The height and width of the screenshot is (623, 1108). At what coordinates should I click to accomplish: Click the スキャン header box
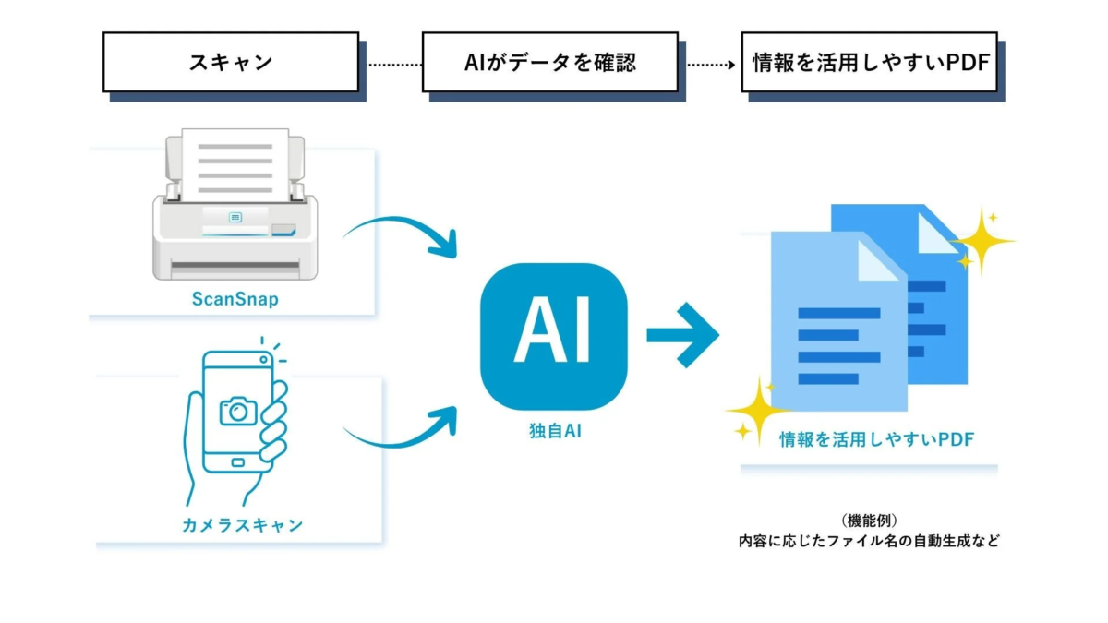pyautogui.click(x=230, y=63)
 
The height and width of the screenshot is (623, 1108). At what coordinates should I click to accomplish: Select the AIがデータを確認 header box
pyautogui.click(x=550, y=63)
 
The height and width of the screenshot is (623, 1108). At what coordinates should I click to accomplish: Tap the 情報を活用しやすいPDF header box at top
pyautogui.click(x=869, y=63)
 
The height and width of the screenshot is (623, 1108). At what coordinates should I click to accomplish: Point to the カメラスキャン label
pyautogui.click(x=242, y=524)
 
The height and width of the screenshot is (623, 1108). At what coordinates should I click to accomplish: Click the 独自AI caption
pyautogui.click(x=553, y=431)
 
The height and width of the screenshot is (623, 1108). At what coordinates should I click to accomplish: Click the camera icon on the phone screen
pyautogui.click(x=238, y=410)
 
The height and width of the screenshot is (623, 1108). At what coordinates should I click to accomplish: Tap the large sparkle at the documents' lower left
pyautogui.click(x=755, y=407)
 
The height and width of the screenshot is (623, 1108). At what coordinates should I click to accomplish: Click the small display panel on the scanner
pyautogui.click(x=235, y=218)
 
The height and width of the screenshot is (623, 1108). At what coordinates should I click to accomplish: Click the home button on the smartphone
pyautogui.click(x=237, y=462)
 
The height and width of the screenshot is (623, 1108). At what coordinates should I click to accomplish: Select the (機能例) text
pyautogui.click(x=868, y=521)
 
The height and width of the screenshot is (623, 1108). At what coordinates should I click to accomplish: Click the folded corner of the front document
pyautogui.click(x=877, y=260)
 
